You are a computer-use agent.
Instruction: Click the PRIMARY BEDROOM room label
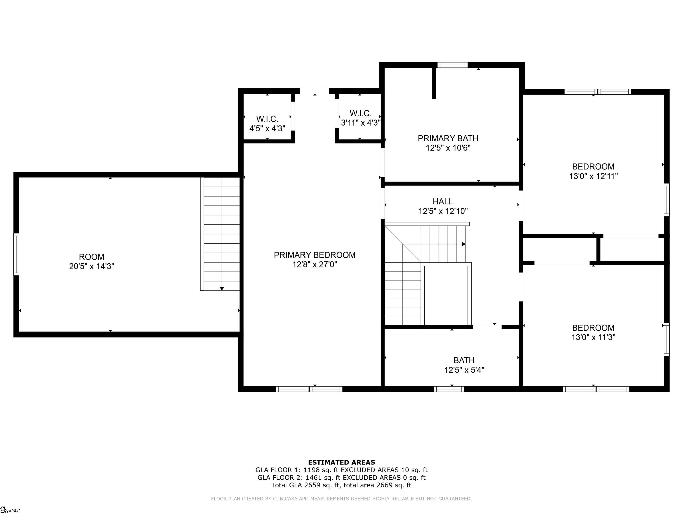[x=315, y=255]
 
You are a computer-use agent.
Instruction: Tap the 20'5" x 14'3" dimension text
[x=92, y=266]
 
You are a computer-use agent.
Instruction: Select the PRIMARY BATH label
[x=448, y=138]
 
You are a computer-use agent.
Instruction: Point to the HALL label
[x=443, y=202]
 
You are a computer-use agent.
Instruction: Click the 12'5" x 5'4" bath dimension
[x=464, y=370]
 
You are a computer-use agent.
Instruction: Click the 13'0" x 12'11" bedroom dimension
[x=593, y=176]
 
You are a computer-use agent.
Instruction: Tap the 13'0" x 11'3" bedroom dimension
[x=593, y=337]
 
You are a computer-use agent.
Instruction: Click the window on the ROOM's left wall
[x=16, y=254]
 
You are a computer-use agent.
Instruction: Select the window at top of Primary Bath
[x=452, y=65]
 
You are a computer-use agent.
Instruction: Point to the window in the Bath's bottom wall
[x=449, y=389]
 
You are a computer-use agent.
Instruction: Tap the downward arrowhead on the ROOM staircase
[x=222, y=289]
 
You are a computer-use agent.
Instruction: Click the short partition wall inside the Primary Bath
[x=434, y=83]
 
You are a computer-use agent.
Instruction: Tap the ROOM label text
[x=92, y=257]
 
